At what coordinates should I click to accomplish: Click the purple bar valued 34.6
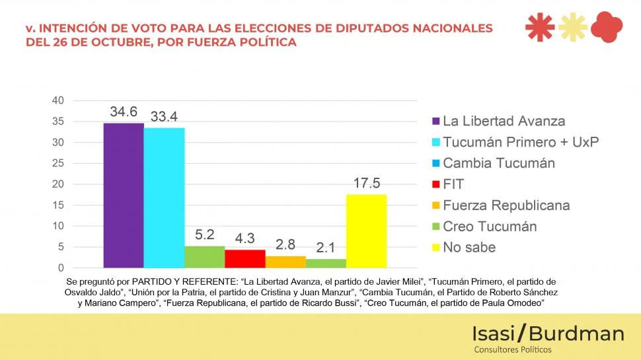click(x=124, y=195)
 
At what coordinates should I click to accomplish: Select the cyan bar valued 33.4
click(x=164, y=198)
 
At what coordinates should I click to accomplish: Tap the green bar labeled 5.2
click(x=204, y=256)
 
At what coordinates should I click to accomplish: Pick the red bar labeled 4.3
click(x=245, y=258)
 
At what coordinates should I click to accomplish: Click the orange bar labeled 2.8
click(x=285, y=262)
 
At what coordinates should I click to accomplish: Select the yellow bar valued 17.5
click(x=366, y=231)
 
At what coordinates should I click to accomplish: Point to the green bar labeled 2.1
click(x=326, y=263)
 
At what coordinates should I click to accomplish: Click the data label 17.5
click(x=366, y=184)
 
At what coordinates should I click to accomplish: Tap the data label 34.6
click(x=124, y=112)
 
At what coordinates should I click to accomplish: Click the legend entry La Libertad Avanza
click(x=504, y=121)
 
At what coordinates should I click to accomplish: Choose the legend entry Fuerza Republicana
click(x=506, y=205)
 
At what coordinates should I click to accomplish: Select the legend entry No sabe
click(x=469, y=248)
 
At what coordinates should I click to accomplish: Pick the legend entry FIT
click(x=453, y=184)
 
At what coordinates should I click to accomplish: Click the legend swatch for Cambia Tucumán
click(x=435, y=163)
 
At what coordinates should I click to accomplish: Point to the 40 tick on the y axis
click(x=57, y=100)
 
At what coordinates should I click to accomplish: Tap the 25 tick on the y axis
click(x=57, y=163)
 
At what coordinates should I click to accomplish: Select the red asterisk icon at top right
click(x=539, y=27)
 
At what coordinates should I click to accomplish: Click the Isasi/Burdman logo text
click(x=548, y=334)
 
